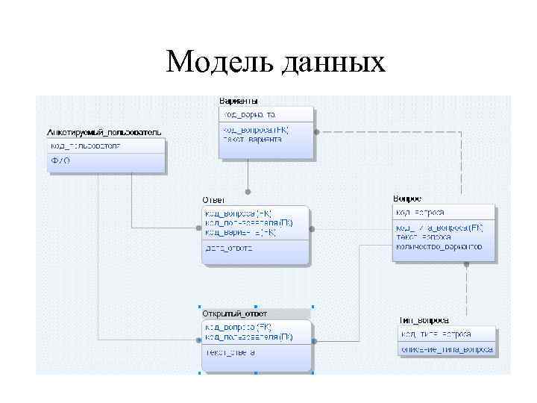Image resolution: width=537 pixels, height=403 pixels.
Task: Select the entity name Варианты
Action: click(x=239, y=101)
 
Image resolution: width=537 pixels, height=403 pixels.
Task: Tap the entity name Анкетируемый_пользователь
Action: click(x=103, y=132)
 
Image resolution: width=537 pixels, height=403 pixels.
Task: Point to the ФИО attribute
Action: click(x=60, y=160)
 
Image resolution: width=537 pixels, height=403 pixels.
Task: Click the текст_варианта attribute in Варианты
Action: click(x=251, y=140)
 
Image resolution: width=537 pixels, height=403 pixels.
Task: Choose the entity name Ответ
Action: click(x=213, y=199)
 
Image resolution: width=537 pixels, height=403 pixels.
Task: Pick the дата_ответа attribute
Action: click(x=229, y=249)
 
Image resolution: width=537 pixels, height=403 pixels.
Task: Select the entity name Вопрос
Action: click(x=406, y=199)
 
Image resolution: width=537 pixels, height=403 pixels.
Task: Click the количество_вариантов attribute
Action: click(x=439, y=246)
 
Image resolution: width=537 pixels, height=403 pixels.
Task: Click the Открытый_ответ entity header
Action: click(x=234, y=313)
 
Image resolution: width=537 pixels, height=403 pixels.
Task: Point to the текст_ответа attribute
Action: click(x=230, y=352)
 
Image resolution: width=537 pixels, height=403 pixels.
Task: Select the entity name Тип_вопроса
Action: click(x=424, y=320)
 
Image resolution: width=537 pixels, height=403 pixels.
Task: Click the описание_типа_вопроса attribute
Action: click(x=446, y=349)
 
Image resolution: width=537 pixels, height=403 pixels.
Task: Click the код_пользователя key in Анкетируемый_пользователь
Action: click(x=85, y=146)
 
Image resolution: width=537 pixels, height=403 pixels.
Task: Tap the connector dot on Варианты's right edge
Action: click(x=316, y=131)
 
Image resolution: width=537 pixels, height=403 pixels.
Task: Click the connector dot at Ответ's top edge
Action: click(x=248, y=190)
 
